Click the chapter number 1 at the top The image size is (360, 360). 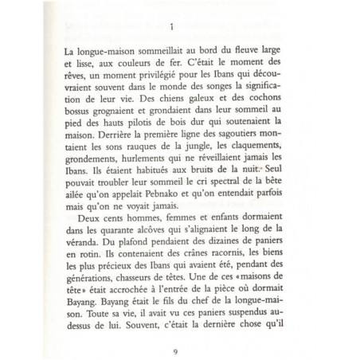(171, 25)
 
